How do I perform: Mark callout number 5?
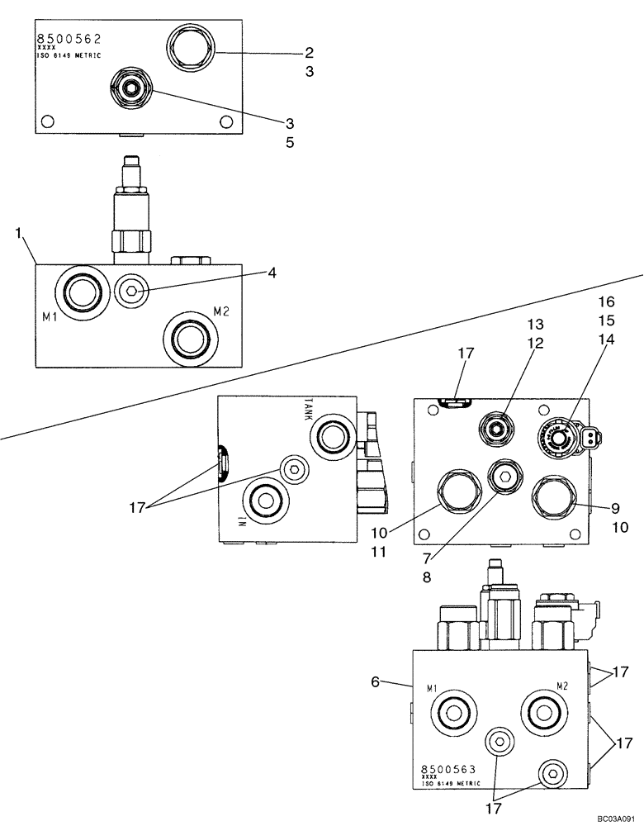click(x=289, y=142)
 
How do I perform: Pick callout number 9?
click(x=615, y=507)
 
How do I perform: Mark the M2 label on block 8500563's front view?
click(x=562, y=686)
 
